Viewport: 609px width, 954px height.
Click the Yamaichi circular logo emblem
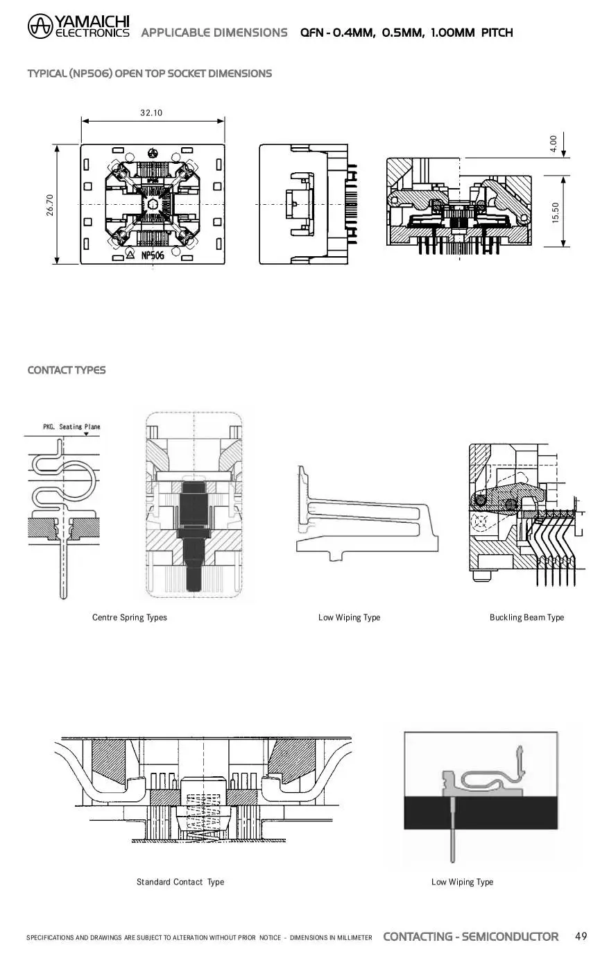pos(40,26)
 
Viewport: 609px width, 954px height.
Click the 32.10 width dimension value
pos(151,113)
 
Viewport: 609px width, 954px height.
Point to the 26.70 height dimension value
pos(50,205)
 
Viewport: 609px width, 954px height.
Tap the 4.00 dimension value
pos(553,144)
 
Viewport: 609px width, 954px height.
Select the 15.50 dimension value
pos(555,212)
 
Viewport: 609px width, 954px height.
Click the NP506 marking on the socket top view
pos(153,255)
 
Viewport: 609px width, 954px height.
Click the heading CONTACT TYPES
pos(67,370)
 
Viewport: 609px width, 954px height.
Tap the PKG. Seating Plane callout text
pos(71,426)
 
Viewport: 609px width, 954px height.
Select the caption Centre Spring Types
pos(130,617)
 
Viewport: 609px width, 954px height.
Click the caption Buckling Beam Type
pos(526,617)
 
